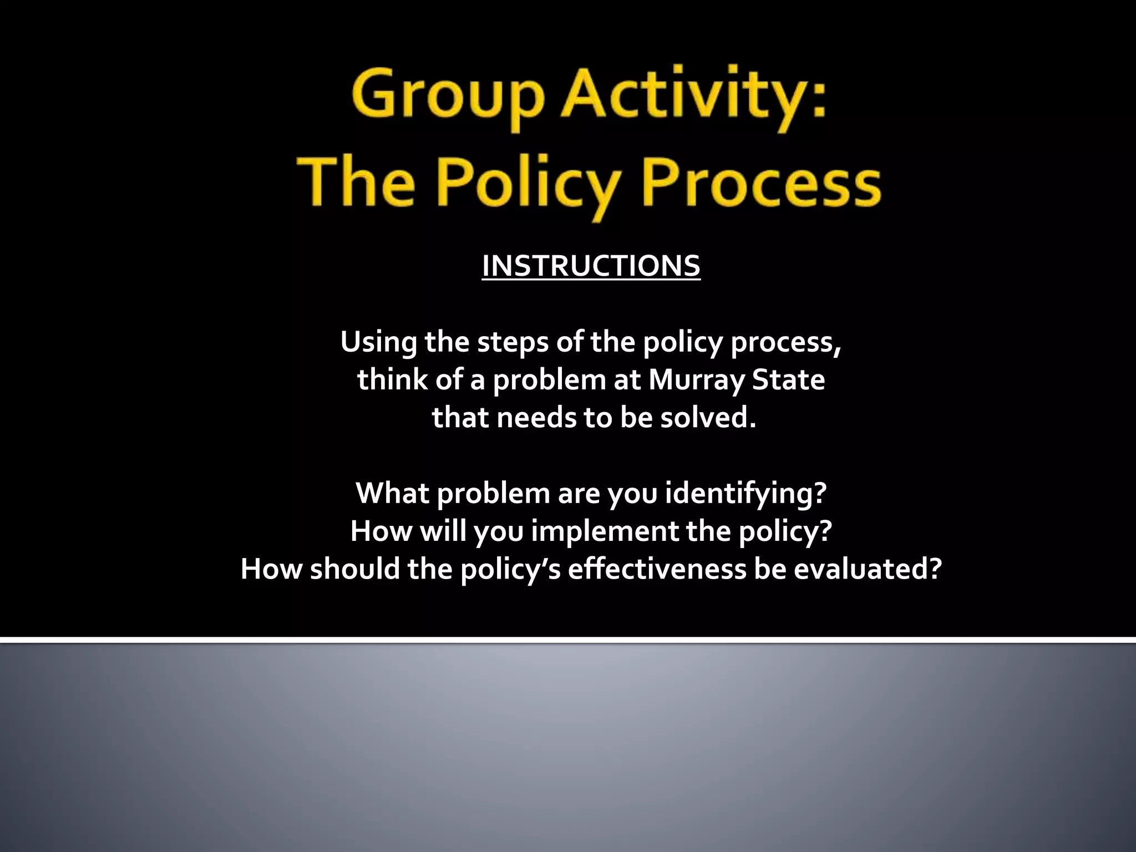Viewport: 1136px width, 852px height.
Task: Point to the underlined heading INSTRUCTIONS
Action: pyautogui.click(x=591, y=266)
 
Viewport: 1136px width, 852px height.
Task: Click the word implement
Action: pyautogui.click(x=605, y=531)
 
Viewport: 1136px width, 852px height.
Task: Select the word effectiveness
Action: pyautogui.click(x=657, y=569)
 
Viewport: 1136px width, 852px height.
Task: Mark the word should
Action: pyautogui.click(x=355, y=569)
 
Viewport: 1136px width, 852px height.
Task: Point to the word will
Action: pyautogui.click(x=443, y=531)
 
